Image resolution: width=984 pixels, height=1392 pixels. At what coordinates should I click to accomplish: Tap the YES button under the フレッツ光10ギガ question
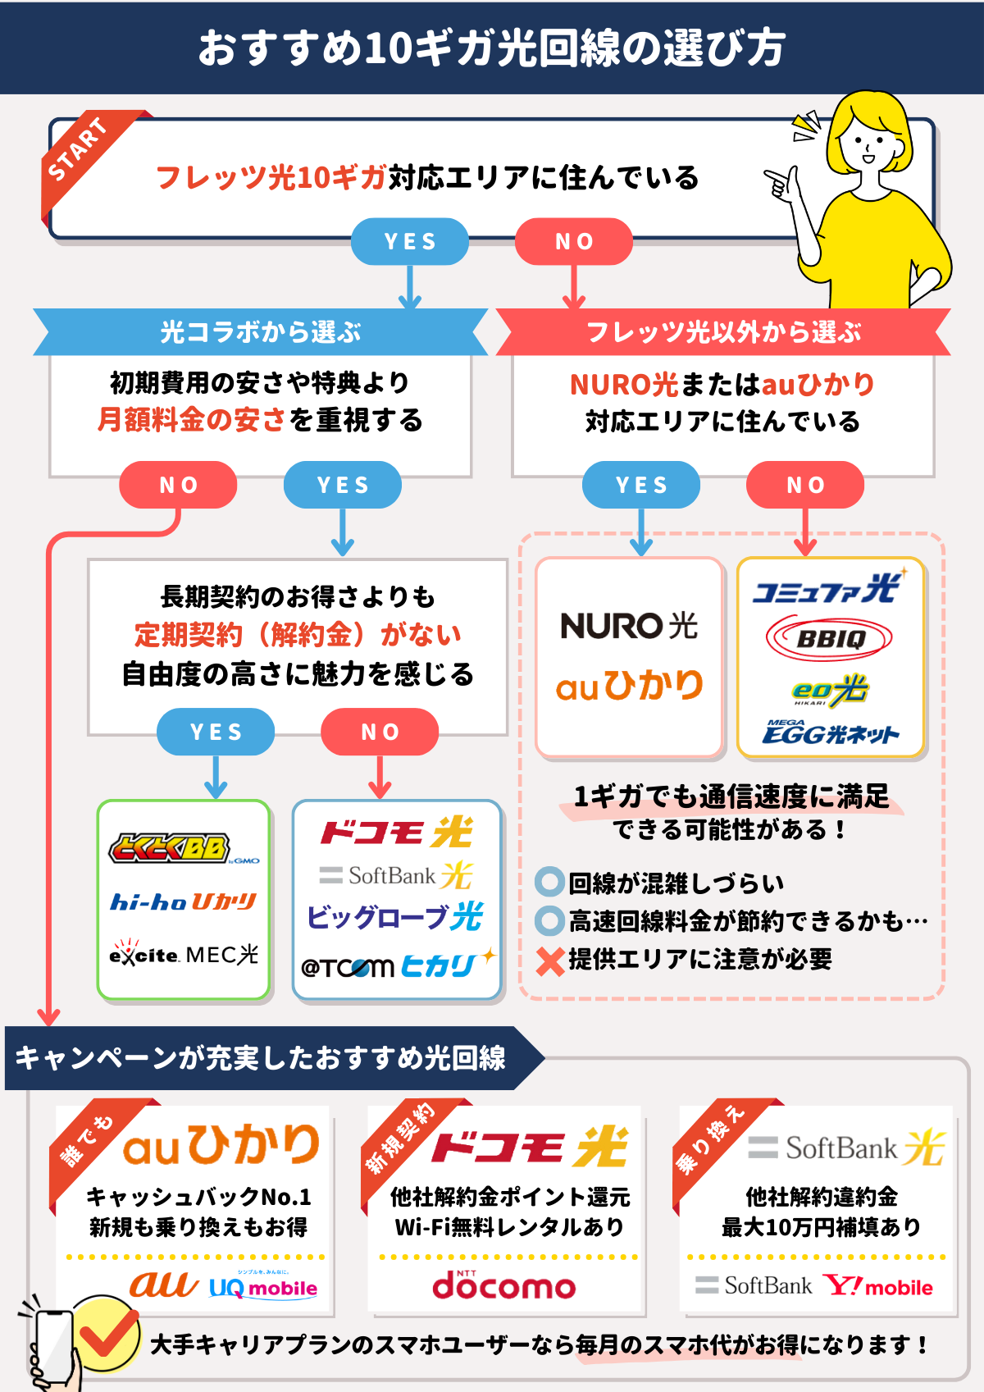409,241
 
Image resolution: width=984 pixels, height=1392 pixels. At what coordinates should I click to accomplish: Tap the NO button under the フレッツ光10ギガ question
573,241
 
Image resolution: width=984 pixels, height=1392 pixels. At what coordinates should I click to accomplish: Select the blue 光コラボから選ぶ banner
260,332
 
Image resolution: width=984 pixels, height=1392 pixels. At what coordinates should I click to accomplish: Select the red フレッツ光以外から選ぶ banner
723,332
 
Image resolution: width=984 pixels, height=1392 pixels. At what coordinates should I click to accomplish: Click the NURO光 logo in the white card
629,626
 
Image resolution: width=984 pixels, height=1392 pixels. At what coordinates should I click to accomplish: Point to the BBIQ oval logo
830,638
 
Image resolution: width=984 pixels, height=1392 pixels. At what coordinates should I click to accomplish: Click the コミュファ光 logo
828,589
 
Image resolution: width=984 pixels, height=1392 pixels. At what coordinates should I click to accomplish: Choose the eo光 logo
830,690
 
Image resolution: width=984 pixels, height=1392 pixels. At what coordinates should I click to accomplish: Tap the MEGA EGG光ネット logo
830,732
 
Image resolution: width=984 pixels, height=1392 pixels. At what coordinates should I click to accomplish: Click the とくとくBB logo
171,848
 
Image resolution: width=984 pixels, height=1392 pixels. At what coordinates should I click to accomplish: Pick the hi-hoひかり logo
184,902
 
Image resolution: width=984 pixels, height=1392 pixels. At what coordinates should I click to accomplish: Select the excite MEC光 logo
184,955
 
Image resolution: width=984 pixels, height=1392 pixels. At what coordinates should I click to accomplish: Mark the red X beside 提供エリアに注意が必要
550,960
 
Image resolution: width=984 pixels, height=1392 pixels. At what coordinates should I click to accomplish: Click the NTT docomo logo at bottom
503,1285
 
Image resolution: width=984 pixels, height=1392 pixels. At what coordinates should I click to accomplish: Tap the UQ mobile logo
263,1287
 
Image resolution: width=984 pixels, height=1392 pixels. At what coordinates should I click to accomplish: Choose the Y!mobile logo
878,1286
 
